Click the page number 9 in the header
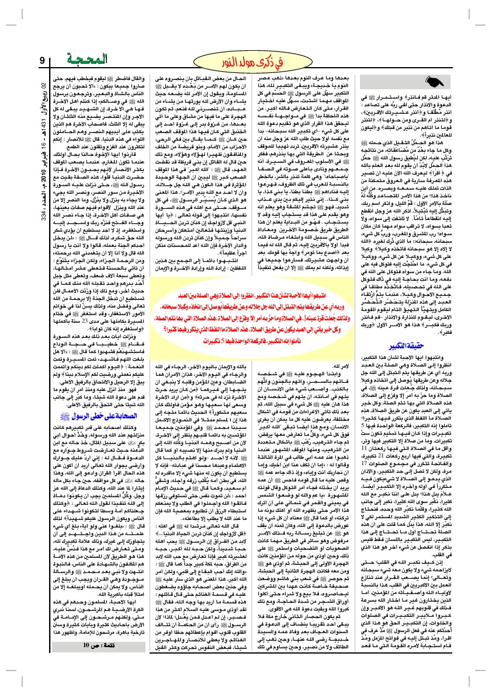(x=42, y=60)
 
